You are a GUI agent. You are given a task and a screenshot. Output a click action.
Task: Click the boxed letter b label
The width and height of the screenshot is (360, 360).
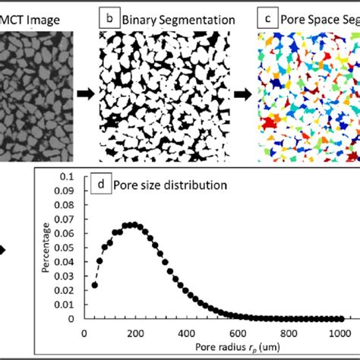coord(111,15)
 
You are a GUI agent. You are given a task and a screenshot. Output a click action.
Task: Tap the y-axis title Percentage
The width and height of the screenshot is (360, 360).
coord(46,248)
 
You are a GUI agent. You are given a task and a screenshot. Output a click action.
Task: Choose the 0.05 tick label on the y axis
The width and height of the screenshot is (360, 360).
coord(66,247)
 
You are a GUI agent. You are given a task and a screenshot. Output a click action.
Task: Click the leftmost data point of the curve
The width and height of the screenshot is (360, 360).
coord(95,286)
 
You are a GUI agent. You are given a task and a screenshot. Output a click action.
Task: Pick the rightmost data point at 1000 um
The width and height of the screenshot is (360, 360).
coord(338,318)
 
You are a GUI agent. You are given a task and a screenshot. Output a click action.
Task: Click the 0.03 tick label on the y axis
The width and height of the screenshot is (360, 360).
coord(66,276)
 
